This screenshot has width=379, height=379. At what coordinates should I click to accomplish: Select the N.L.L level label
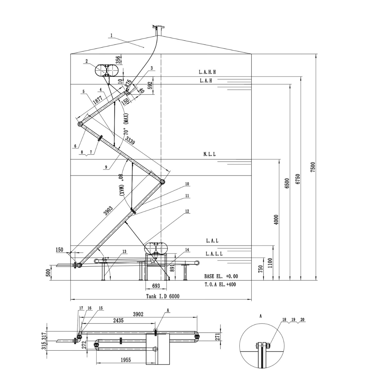tap(210, 154)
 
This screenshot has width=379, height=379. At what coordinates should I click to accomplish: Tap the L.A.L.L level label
tap(214, 254)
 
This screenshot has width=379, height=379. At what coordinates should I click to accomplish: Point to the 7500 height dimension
tap(313, 167)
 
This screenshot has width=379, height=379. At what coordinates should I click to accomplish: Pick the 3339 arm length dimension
tap(129, 141)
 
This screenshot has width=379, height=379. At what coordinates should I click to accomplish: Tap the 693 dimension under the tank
tap(156, 286)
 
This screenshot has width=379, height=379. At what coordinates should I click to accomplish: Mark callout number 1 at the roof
tap(111, 36)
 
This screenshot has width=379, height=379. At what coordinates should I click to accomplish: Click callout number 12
tap(187, 211)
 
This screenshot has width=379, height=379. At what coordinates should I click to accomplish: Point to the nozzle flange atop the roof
tap(157, 27)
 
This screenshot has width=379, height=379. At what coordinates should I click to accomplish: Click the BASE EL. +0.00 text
tap(221, 276)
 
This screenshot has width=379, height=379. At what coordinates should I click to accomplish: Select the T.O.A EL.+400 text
tap(220, 284)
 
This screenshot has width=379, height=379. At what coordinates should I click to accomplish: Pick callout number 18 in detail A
tap(284, 320)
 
